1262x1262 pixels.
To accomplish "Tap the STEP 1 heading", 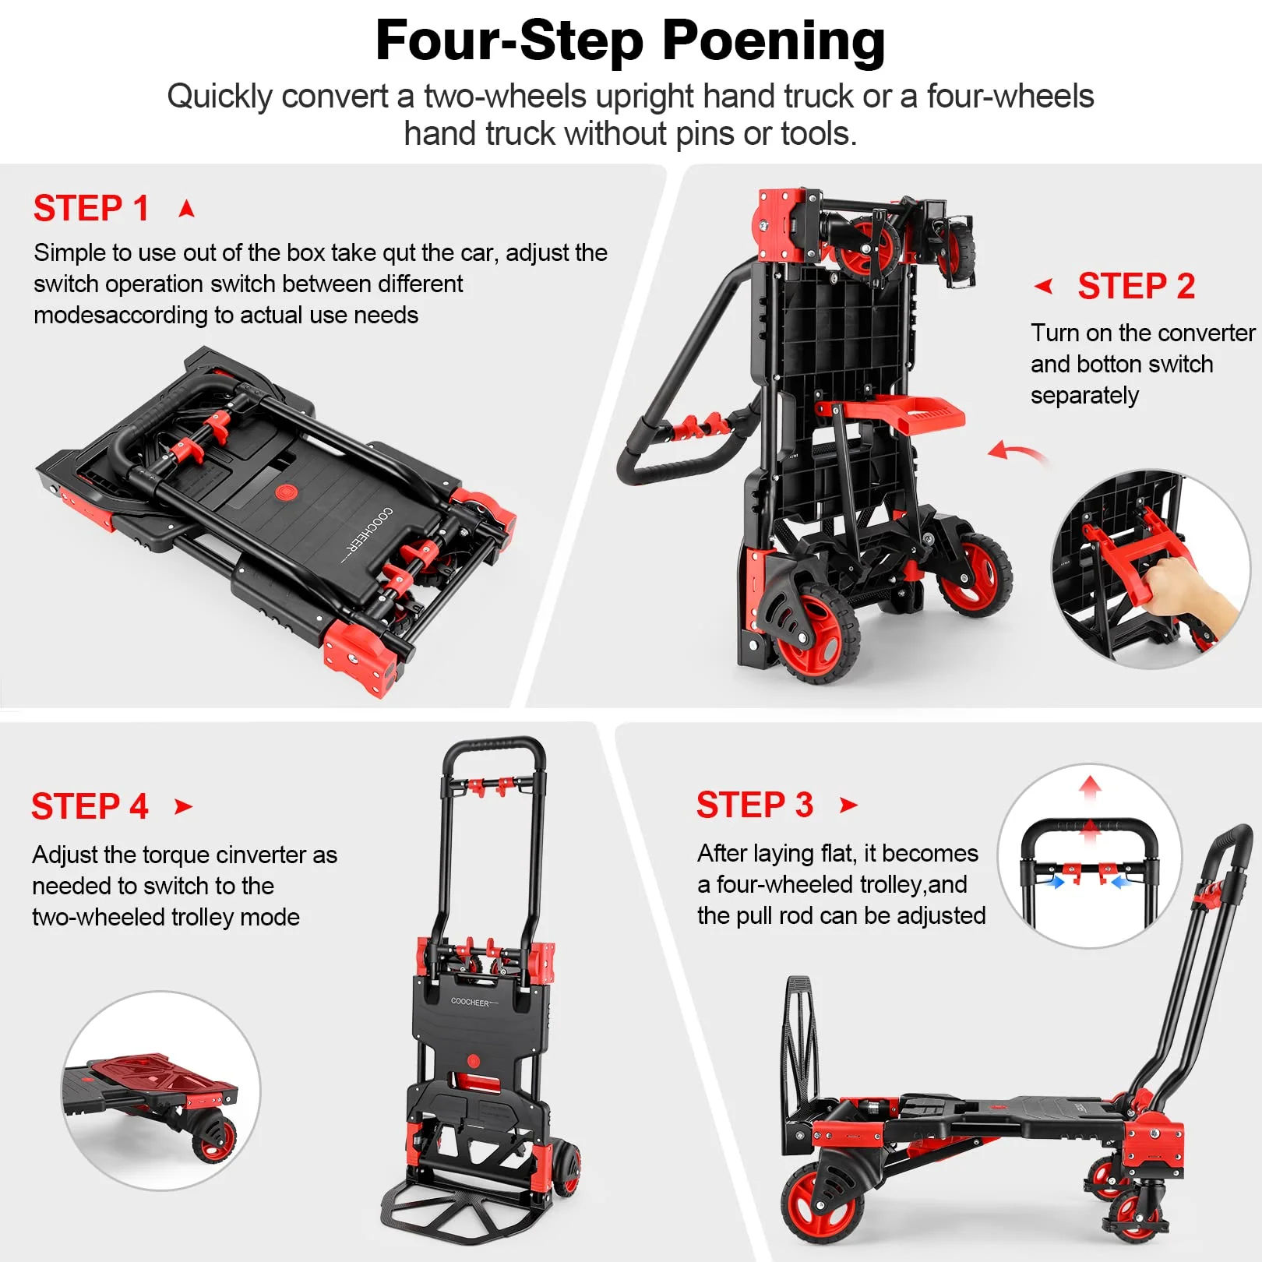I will pos(91,209).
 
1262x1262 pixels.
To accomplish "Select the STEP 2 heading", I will pos(1136,287).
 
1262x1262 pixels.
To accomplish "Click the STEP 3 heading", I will pos(754,805).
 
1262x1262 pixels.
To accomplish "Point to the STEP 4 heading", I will pos(90,806).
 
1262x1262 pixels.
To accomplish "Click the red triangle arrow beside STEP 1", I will pos(186,209).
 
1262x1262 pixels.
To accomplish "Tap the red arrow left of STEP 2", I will pos(1044,287).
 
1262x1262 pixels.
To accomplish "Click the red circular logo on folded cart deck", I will pos(287,492).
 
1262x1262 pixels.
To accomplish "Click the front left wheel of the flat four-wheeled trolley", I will pos(822,1204).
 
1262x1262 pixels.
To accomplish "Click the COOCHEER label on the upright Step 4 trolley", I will pos(471,1002).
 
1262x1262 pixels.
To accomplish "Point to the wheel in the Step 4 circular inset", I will pos(214,1138).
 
